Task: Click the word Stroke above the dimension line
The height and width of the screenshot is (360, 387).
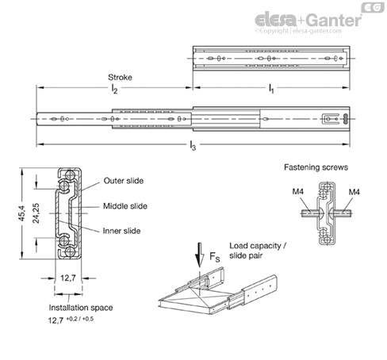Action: pyautogui.click(x=120, y=78)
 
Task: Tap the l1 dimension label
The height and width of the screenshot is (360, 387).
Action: pyautogui.click(x=271, y=89)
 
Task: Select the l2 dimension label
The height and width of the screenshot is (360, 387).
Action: pyautogui.click(x=114, y=89)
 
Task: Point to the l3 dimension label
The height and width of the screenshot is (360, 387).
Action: pyautogui.click(x=193, y=145)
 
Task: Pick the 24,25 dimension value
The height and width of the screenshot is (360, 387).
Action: pyautogui.click(x=36, y=213)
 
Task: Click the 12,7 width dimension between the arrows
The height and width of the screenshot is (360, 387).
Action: pyautogui.click(x=68, y=278)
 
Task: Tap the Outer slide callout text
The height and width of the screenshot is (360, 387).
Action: pyautogui.click(x=124, y=181)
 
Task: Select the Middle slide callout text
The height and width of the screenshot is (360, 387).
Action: pyautogui.click(x=125, y=206)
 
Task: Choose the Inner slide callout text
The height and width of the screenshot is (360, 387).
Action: pyautogui.click(x=121, y=231)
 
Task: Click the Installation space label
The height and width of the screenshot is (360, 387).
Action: pyautogui.click(x=81, y=308)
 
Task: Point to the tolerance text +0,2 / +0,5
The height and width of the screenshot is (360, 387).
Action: pyautogui.click(x=79, y=319)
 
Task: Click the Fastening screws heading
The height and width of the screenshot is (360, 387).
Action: pyautogui.click(x=316, y=167)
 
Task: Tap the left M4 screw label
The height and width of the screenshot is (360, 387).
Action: pyautogui.click(x=298, y=191)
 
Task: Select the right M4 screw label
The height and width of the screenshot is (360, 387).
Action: pyautogui.click(x=354, y=192)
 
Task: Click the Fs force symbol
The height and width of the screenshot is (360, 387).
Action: pyautogui.click(x=215, y=257)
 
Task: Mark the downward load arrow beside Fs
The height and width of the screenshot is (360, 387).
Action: pyautogui.click(x=200, y=255)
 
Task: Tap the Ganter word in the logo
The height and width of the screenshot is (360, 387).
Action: pyautogui.click(x=335, y=20)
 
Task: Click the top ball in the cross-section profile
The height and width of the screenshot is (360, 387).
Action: pyautogui.click(x=70, y=174)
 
